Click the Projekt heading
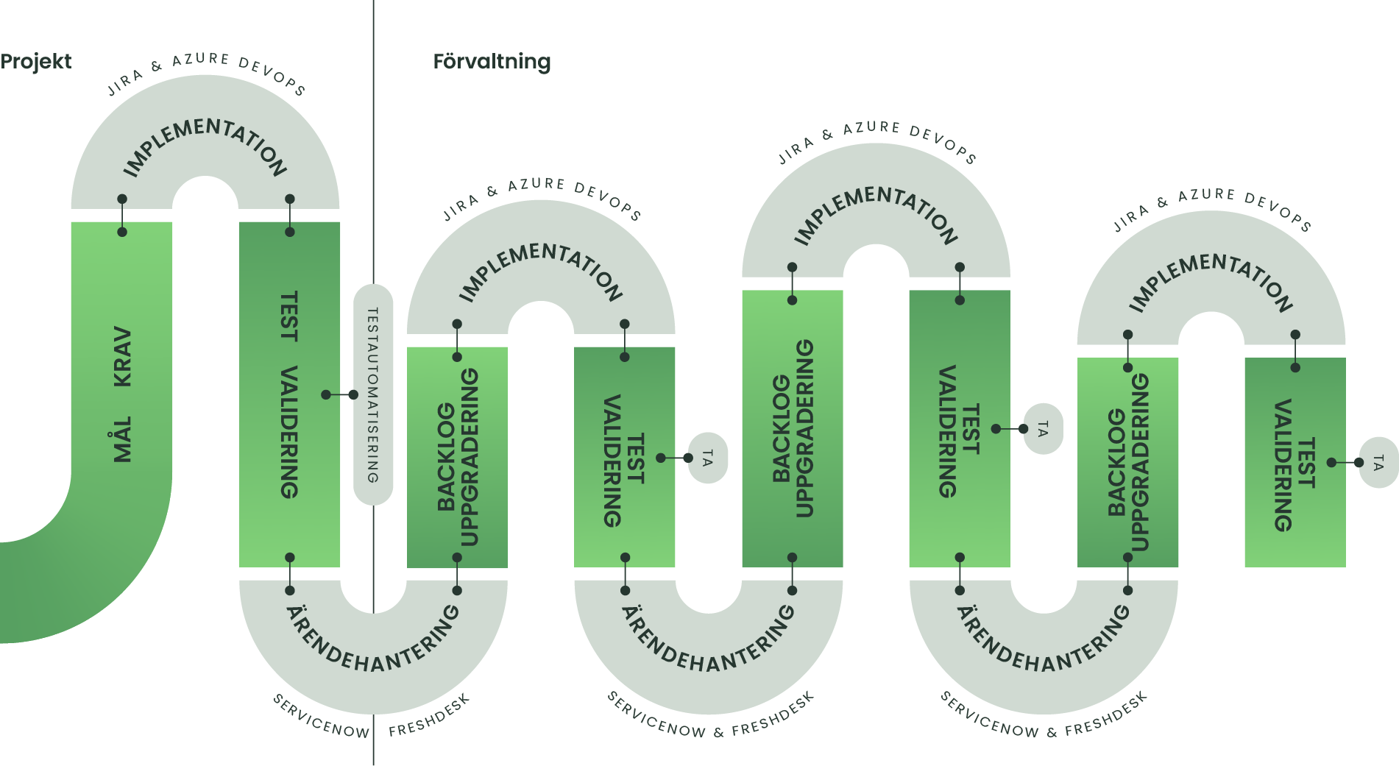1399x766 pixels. click(35, 62)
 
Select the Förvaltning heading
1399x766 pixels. click(492, 62)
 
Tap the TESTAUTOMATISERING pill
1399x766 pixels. click(373, 395)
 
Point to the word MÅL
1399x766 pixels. click(122, 439)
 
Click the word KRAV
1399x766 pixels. click(122, 357)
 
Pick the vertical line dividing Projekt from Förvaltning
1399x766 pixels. click(373, 147)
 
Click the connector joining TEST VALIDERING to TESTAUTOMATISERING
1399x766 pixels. click(339, 395)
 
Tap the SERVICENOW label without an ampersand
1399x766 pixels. click(321, 716)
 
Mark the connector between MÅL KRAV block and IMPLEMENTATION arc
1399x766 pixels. click(122, 216)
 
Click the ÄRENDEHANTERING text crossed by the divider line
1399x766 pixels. click(373, 640)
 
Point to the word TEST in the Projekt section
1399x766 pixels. click(289, 316)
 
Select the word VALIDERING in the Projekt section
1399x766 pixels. click(289, 432)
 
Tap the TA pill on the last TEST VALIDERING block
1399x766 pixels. click(1378, 463)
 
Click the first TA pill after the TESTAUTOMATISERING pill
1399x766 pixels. click(707, 458)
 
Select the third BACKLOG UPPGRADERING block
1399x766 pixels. click(1127, 462)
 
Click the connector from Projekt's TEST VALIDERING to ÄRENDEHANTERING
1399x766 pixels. click(290, 574)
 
